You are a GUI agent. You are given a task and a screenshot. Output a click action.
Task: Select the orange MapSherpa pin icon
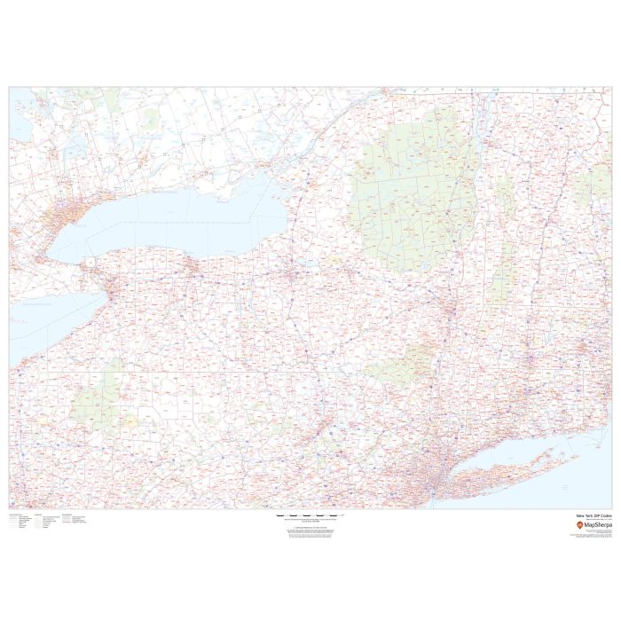(579, 525)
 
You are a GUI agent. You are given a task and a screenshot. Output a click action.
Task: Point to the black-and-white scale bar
(306, 515)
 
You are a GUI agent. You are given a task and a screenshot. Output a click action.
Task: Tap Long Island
(506, 470)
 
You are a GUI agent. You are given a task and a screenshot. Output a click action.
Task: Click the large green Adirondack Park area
(408, 186)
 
